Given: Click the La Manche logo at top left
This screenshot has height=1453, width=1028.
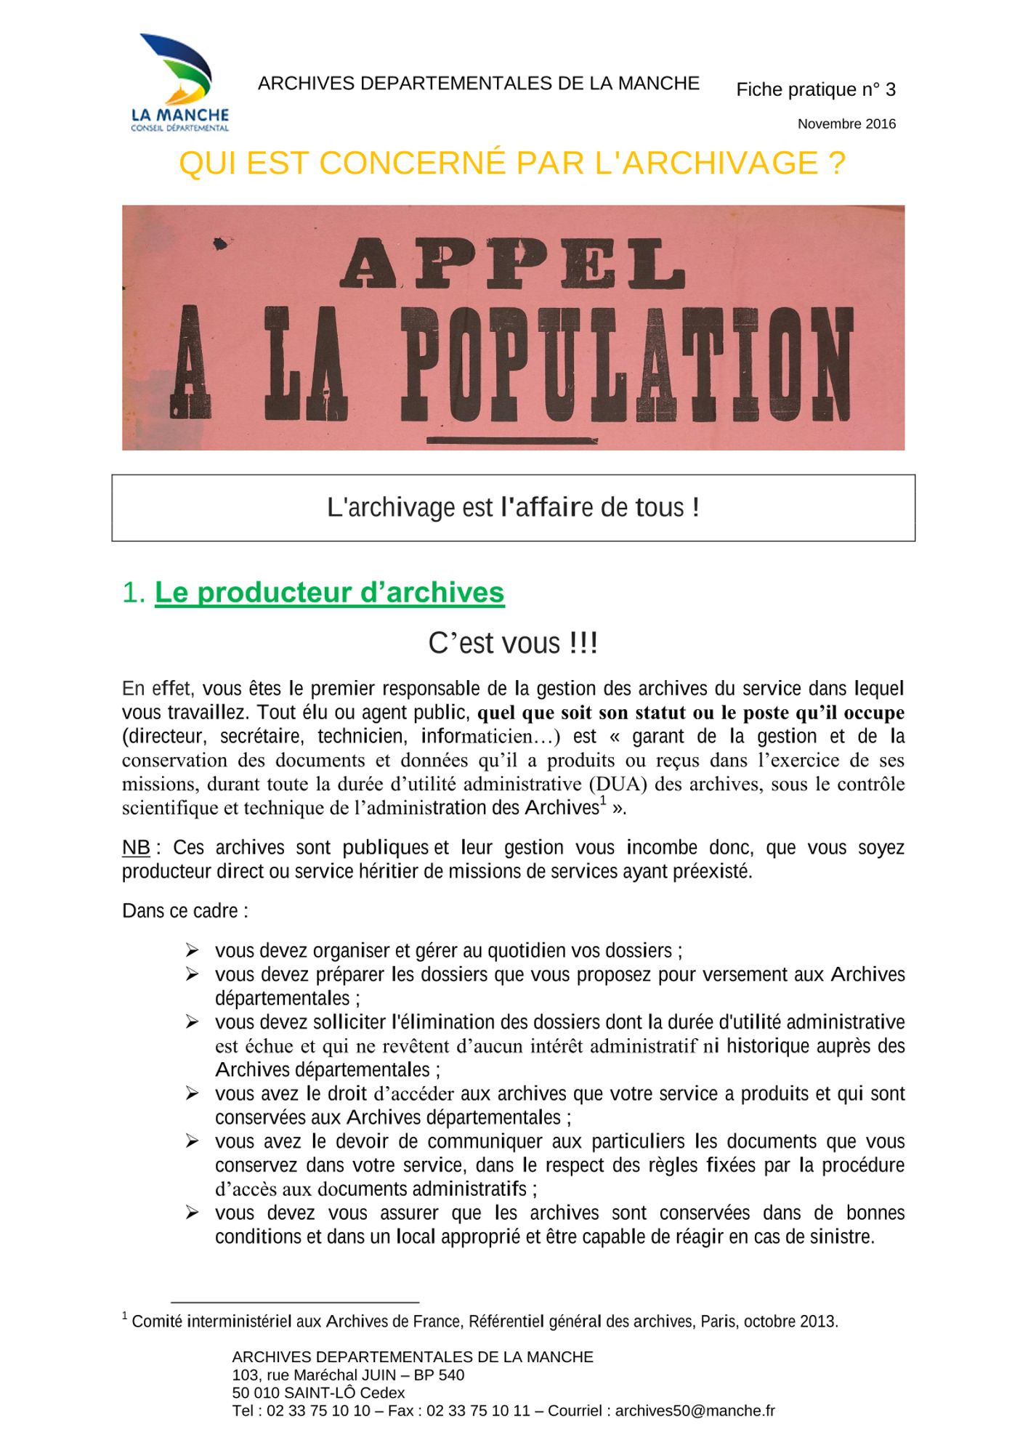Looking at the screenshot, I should (179, 82).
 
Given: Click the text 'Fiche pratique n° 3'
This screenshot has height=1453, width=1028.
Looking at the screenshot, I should (815, 90).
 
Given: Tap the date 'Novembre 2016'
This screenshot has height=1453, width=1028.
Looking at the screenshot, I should (846, 124).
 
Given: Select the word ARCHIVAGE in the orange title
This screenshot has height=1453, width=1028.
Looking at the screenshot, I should (720, 163).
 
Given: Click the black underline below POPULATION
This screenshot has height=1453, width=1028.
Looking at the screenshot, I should (512, 440).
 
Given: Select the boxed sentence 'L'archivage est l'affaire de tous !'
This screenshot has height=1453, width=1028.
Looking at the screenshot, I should (513, 507).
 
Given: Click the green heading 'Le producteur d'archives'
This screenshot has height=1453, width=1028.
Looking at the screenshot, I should (329, 593).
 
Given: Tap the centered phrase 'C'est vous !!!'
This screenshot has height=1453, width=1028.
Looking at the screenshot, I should (513, 644).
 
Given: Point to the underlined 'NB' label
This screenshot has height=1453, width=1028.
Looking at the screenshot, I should (136, 848).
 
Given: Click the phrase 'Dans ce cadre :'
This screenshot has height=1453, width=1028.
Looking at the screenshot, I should (185, 911).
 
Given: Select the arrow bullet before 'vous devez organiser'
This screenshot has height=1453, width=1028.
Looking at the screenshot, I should (192, 950).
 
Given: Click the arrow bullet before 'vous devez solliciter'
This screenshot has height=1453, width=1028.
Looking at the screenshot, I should (192, 1022).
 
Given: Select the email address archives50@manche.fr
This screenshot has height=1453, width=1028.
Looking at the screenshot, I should (695, 1411).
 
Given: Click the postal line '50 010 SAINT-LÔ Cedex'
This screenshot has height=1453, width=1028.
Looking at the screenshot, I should (318, 1393).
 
